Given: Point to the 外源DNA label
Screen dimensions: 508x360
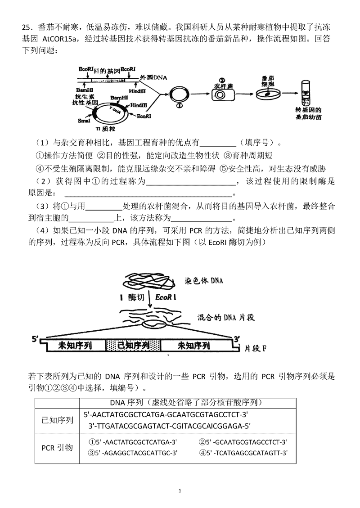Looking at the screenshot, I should click(153, 77).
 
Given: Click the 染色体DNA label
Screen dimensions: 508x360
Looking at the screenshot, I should click(204, 280).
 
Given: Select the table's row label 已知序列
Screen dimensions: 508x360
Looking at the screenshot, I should click(57, 420).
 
